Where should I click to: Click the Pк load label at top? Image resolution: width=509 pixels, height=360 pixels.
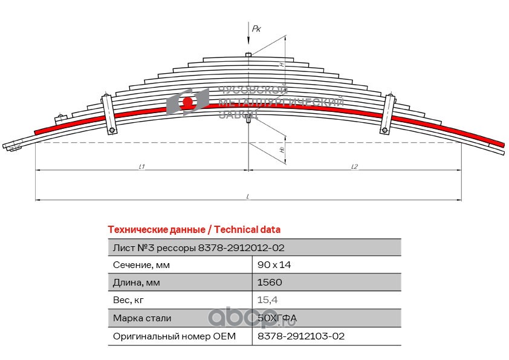[256, 28]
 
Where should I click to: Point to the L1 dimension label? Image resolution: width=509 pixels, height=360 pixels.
[141, 166]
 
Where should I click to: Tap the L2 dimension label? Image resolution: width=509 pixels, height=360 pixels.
[354, 166]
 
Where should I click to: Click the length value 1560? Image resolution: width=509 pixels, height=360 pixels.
[270, 283]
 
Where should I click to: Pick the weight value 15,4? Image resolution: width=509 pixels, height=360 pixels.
[268, 300]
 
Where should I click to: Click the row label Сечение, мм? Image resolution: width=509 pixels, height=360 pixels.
[141, 265]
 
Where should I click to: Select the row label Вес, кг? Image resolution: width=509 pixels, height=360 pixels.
[129, 300]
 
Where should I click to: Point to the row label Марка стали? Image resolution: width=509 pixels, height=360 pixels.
[142, 318]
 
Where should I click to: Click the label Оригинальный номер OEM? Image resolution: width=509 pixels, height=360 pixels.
[173, 336]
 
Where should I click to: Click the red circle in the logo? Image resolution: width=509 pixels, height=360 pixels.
[188, 102]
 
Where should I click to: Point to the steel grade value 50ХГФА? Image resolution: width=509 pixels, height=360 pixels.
[277, 318]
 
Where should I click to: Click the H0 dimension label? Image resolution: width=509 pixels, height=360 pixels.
[282, 149]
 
